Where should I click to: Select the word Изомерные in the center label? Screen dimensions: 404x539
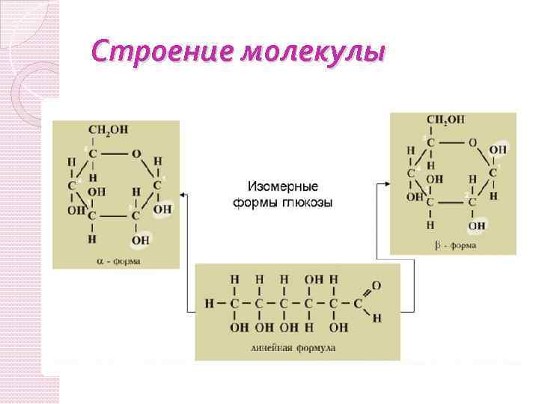[282, 186]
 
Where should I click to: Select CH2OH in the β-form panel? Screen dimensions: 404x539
[446, 120]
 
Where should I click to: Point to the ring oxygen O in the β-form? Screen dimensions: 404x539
[472, 141]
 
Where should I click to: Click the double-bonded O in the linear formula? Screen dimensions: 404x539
[376, 286]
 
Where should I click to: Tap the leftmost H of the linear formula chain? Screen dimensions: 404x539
[210, 304]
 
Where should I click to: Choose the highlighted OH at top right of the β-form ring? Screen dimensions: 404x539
[498, 150]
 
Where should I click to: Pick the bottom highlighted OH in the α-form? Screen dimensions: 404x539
[140, 240]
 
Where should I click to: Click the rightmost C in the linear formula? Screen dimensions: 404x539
[358, 304]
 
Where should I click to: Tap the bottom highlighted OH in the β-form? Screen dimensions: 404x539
[477, 225]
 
